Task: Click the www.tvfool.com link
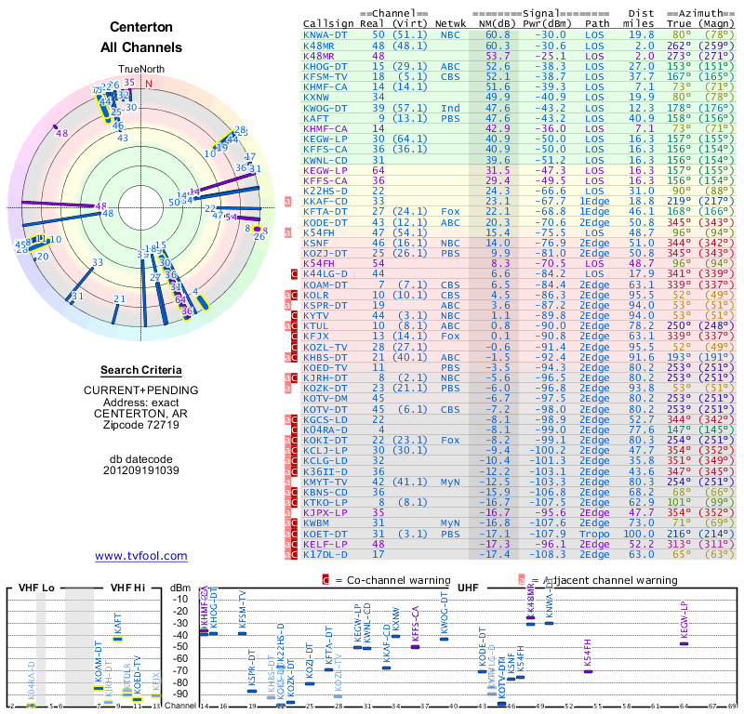[140, 556]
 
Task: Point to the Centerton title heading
[140, 28]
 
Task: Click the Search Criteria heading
[140, 370]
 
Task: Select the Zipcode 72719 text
[140, 425]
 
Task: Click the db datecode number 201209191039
[140, 469]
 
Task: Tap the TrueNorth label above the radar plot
[140, 69]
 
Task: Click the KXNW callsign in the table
[316, 97]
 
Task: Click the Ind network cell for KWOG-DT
[449, 108]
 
